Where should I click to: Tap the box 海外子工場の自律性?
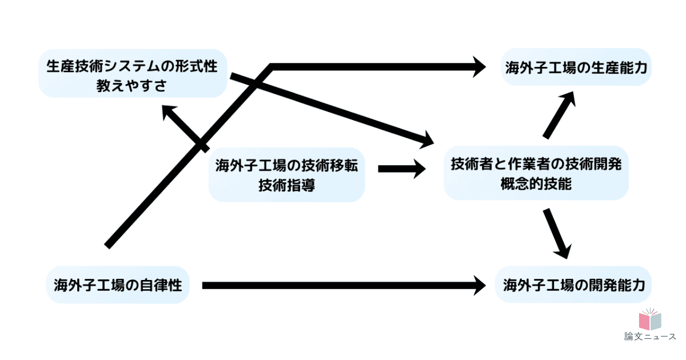point(118,284)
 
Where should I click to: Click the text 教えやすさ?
point(131,86)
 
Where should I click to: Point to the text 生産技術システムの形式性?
point(132,65)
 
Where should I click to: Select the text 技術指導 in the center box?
point(286,186)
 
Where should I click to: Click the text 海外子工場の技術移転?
point(286,166)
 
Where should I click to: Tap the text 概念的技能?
point(536,185)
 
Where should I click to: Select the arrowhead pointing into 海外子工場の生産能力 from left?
point(478,67)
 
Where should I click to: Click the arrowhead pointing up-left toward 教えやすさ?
point(169,112)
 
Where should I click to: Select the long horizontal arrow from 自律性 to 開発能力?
point(343,285)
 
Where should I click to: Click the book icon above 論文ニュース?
point(649,320)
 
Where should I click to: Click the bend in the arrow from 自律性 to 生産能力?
point(272,67)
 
